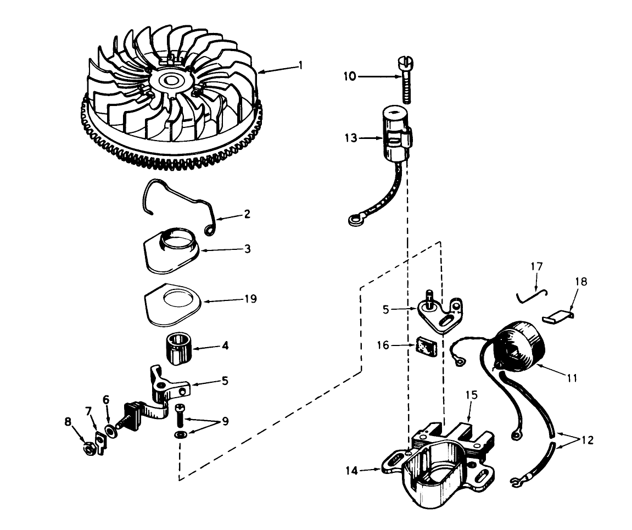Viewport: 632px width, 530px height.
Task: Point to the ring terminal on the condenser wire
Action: click(x=354, y=221)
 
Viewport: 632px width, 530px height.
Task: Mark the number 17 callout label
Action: click(x=536, y=267)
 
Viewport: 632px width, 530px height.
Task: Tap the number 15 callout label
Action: click(x=472, y=395)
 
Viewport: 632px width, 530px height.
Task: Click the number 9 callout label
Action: click(x=224, y=421)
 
